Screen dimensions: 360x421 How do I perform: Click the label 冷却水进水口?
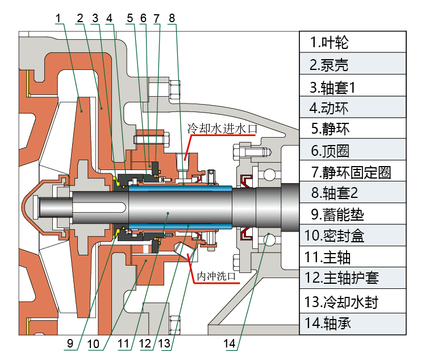coord(222,129)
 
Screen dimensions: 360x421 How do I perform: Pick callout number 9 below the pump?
coord(70,343)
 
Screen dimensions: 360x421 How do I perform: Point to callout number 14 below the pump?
coord(230,343)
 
